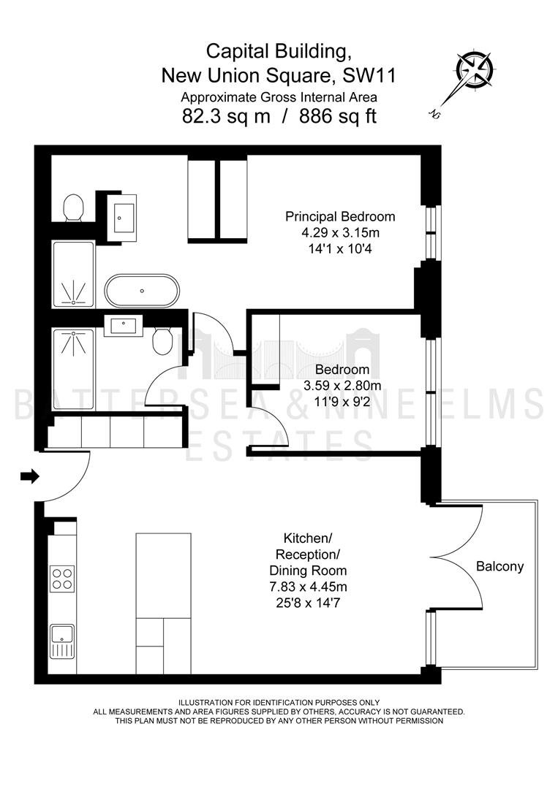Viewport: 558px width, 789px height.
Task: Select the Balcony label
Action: coord(500,567)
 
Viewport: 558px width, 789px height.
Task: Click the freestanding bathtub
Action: coord(142,291)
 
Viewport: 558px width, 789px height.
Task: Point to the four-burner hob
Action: coord(62,578)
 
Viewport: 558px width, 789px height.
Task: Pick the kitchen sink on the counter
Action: coord(62,641)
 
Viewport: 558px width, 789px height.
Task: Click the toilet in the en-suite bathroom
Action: coord(74,207)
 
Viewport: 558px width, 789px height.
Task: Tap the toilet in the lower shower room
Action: coord(162,340)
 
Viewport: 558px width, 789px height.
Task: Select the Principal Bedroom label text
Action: coord(341,217)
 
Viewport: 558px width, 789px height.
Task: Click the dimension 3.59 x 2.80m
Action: coord(342,386)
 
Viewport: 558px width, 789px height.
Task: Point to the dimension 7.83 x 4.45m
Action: coord(308,587)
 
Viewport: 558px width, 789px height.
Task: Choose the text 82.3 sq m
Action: coord(226,117)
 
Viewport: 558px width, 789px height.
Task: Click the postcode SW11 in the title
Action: coord(369,75)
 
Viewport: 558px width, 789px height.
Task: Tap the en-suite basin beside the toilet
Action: coord(124,218)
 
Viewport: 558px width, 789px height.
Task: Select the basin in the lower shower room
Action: coord(124,326)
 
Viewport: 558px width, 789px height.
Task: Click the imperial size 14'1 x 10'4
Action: coord(341,248)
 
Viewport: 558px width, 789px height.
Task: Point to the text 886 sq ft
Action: coord(338,117)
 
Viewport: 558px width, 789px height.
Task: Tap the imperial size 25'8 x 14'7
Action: coord(308,602)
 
